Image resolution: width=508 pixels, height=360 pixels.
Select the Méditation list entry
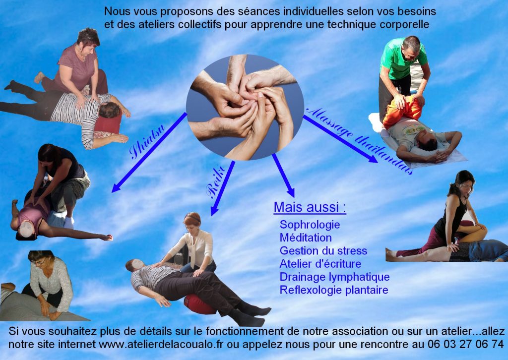point(306,238)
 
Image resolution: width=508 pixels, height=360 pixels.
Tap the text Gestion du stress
point(323,250)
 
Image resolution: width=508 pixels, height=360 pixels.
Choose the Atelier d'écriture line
point(320,263)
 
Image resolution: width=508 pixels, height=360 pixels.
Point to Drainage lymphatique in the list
point(335,277)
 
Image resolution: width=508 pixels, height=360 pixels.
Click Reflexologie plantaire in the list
point(334,290)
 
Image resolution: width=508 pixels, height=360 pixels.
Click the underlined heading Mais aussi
point(310,207)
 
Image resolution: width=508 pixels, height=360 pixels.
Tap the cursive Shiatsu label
point(147,141)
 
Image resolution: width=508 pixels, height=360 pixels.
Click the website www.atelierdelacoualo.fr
point(161,344)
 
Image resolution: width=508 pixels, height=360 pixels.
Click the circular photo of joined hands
point(245,107)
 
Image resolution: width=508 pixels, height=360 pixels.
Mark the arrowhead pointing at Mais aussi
point(290,192)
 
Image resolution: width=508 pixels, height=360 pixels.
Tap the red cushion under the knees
point(199,304)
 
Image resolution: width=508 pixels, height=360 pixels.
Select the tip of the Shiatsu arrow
point(112,192)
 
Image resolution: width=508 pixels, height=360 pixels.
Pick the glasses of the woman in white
point(40,261)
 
